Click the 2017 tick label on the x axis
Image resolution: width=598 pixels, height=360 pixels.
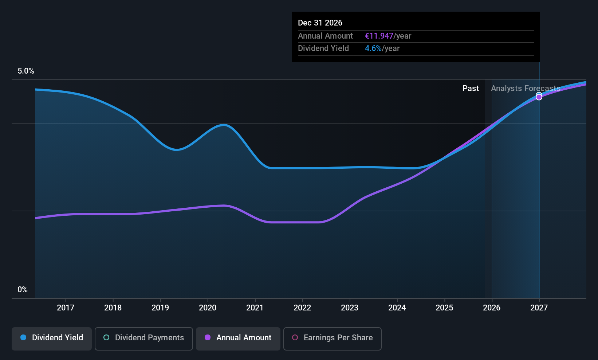click(66, 308)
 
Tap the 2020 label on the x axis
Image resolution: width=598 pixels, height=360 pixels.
click(208, 308)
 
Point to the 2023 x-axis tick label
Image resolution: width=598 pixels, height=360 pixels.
click(350, 308)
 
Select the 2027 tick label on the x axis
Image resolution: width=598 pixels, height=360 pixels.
click(539, 308)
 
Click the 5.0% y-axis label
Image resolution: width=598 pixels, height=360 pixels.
click(26, 71)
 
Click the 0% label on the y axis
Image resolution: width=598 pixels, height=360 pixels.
click(23, 290)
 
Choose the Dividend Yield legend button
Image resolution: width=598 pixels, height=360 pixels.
click(52, 338)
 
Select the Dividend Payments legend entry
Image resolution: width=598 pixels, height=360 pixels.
click(144, 338)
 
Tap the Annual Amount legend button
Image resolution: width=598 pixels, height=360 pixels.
click(238, 338)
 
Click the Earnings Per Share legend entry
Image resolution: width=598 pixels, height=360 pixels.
click(333, 338)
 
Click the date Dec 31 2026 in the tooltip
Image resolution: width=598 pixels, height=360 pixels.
click(320, 23)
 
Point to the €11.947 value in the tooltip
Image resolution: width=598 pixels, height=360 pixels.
click(379, 36)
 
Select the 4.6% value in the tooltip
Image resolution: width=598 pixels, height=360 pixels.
click(373, 48)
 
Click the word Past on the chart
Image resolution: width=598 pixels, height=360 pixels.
click(471, 89)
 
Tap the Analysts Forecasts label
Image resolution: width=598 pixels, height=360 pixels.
click(526, 89)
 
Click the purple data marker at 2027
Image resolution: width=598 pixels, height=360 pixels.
click(539, 97)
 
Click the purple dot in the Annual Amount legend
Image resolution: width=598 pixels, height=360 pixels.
click(208, 338)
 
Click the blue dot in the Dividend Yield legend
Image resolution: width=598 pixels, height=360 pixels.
click(23, 338)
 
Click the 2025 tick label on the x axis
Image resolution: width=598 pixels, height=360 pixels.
click(444, 308)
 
